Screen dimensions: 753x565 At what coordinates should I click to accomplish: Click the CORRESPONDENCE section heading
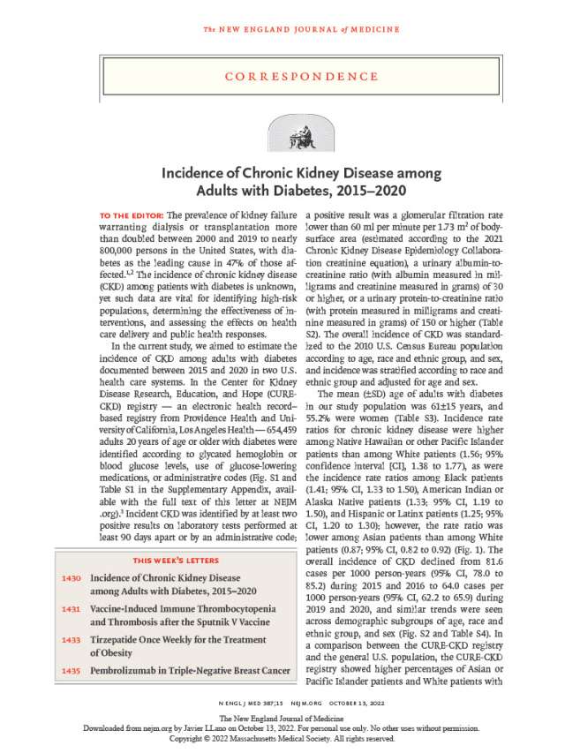coord(282,77)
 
